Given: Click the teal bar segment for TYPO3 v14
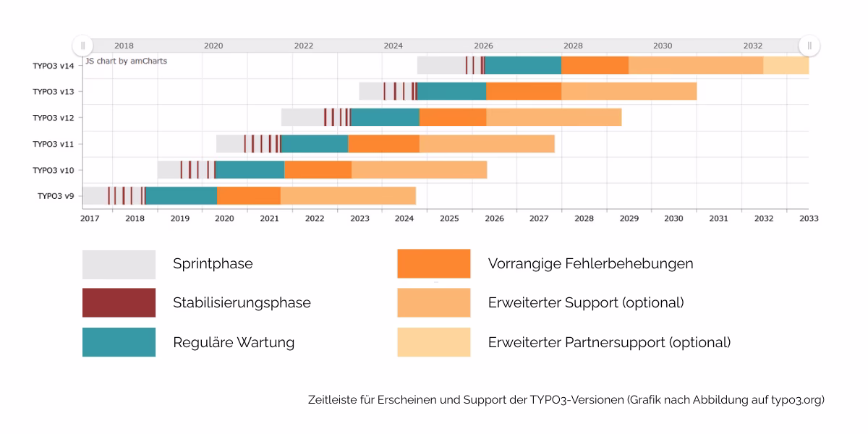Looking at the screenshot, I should tap(522, 65).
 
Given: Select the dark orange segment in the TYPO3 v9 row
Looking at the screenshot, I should tap(248, 196).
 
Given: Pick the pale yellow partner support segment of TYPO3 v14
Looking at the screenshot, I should tap(786, 65).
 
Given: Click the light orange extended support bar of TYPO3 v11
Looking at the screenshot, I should tap(487, 144).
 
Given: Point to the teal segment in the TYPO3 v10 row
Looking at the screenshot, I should tap(250, 170).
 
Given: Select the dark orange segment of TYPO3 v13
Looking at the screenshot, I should tap(524, 91).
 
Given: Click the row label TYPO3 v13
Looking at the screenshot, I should tap(53, 92).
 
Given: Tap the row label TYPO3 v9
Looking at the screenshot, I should tap(55, 196).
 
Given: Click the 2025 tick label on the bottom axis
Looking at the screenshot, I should tap(449, 218).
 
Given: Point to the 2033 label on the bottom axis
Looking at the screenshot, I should tap(808, 218).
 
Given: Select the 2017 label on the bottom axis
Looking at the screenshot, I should tap(90, 218).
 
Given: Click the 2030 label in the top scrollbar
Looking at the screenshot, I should tap(663, 46).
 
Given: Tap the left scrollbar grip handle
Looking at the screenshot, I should tap(82, 46).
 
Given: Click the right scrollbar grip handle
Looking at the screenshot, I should tap(809, 46).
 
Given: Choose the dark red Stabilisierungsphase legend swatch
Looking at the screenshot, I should tap(119, 302).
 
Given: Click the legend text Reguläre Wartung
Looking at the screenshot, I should tap(234, 342).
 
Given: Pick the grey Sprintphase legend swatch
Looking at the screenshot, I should tap(119, 264).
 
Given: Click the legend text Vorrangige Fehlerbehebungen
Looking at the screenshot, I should tap(590, 263).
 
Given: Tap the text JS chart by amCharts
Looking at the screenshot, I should tap(127, 61).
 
